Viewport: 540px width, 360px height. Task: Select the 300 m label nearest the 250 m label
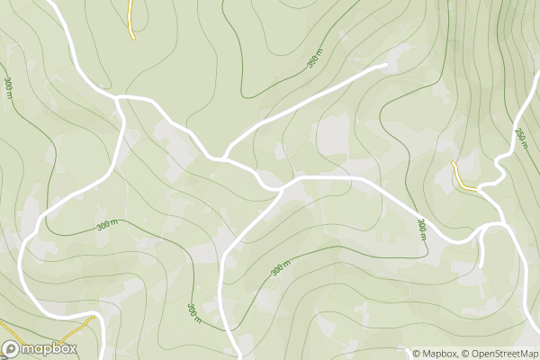420,229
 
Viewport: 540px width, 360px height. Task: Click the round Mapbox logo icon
11,348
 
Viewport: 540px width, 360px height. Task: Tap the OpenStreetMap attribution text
502,354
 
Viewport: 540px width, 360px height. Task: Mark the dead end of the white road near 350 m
385,65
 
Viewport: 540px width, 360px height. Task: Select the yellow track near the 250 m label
463,176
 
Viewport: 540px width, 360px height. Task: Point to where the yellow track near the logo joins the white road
94,317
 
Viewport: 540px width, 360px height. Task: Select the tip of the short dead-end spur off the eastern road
482,266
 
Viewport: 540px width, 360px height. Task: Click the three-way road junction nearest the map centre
281,189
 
